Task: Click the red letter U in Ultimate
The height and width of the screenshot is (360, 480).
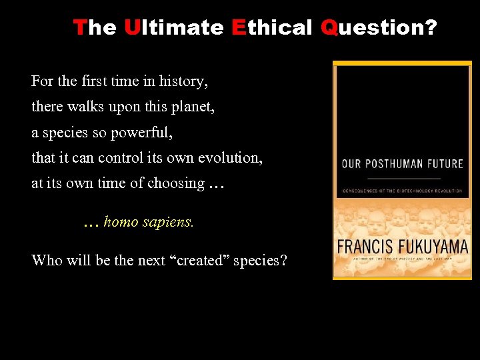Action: click(131, 27)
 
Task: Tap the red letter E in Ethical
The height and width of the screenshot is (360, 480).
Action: click(239, 27)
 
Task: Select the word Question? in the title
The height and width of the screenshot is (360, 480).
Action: click(379, 27)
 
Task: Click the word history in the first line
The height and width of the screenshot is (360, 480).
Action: click(183, 81)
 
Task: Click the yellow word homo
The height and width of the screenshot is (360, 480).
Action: click(120, 222)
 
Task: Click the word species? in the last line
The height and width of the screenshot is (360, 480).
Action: click(261, 260)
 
